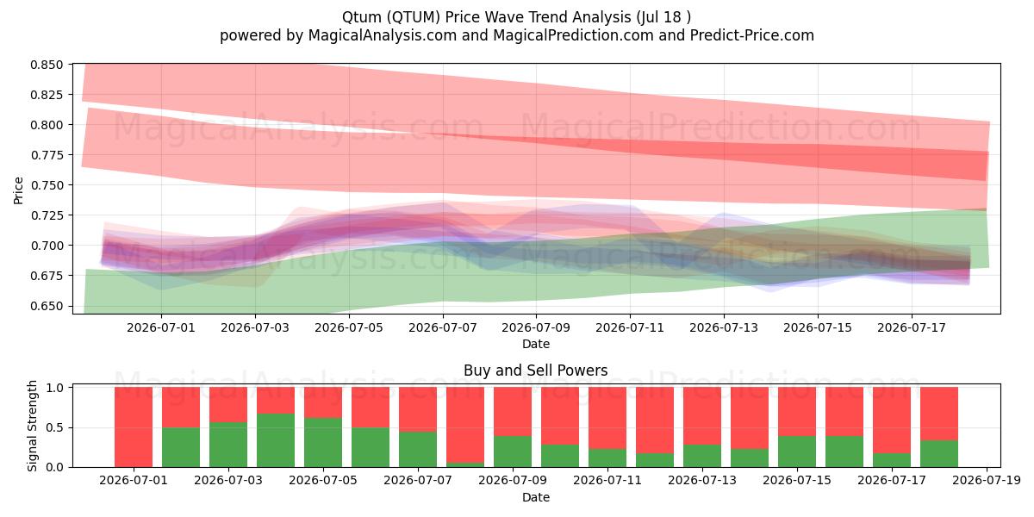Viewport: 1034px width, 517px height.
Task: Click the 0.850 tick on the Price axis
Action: pyautogui.click(x=47, y=65)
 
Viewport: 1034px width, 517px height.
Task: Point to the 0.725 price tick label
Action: pyautogui.click(x=47, y=215)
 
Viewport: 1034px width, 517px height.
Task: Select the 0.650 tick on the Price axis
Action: pyautogui.click(x=47, y=306)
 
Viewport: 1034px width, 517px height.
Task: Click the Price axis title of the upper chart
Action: pyautogui.click(x=18, y=190)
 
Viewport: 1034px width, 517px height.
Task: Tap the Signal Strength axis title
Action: pyautogui.click(x=32, y=426)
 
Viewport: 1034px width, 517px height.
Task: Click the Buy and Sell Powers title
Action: pyautogui.click(x=535, y=371)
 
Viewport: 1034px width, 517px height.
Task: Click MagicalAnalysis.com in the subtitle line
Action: pyautogui.click(x=383, y=35)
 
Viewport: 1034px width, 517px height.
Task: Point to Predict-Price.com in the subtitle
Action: pyautogui.click(x=752, y=35)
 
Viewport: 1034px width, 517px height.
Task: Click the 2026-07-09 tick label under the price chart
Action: pyautogui.click(x=536, y=327)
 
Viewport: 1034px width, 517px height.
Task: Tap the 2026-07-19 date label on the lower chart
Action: pyautogui.click(x=987, y=481)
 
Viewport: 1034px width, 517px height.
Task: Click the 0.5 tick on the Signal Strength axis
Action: pyautogui.click(x=54, y=428)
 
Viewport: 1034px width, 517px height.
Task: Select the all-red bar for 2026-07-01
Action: pyautogui.click(x=134, y=427)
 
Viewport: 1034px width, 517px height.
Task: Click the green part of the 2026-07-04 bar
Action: pyautogui.click(x=276, y=440)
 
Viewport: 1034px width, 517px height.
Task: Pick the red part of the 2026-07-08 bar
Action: pyautogui.click(x=465, y=425)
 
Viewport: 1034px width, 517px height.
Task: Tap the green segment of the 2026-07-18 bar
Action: pyautogui.click(x=939, y=454)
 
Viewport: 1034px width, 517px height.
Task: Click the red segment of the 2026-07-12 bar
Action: pyautogui.click(x=655, y=420)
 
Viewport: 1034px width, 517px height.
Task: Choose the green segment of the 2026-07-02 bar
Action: pyautogui.click(x=181, y=447)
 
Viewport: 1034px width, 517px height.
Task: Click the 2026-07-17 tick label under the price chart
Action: pyautogui.click(x=912, y=327)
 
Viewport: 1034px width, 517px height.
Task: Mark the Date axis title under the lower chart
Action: pyautogui.click(x=536, y=498)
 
